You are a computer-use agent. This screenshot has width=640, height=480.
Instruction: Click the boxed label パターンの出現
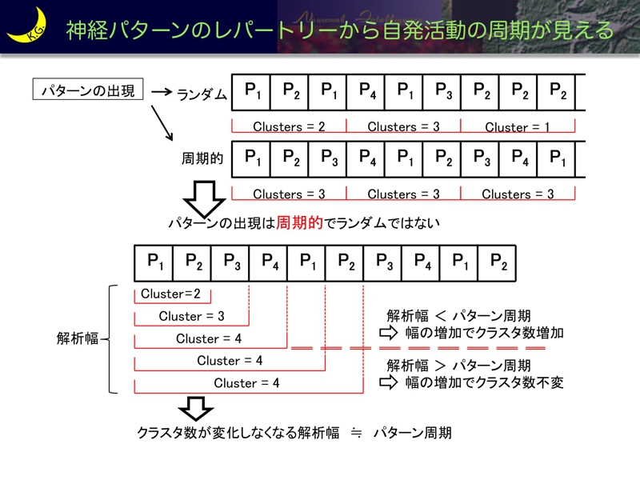(88, 90)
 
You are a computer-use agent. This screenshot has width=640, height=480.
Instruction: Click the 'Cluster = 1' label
(518, 127)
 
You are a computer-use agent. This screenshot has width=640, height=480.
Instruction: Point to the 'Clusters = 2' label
(289, 127)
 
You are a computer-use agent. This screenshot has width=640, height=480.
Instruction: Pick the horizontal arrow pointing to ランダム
(162, 92)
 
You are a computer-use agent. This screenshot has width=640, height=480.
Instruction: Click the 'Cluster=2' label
(170, 294)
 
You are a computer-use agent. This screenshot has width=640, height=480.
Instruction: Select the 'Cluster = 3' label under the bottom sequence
(191, 316)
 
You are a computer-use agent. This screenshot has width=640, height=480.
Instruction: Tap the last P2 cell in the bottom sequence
(498, 261)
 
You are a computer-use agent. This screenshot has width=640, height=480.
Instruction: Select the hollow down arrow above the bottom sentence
(192, 407)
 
